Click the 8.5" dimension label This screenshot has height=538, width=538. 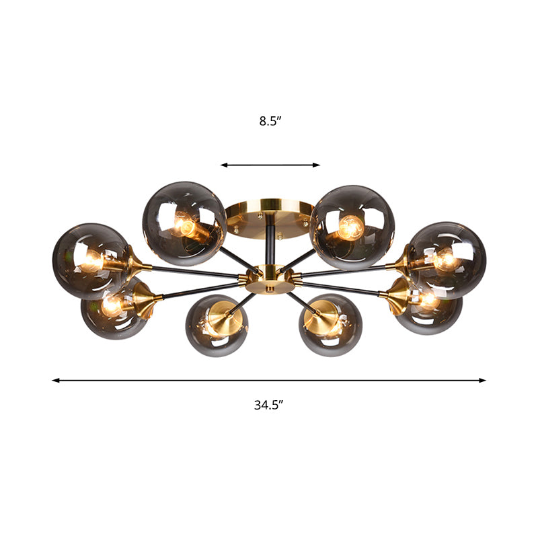(270, 122)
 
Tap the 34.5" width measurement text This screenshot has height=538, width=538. (268, 404)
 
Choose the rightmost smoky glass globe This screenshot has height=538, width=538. (447, 259)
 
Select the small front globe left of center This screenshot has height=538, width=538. (213, 325)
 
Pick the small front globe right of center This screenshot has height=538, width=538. (326, 325)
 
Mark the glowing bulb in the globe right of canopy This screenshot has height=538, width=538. (349, 228)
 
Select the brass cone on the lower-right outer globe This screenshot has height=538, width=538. (398, 293)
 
